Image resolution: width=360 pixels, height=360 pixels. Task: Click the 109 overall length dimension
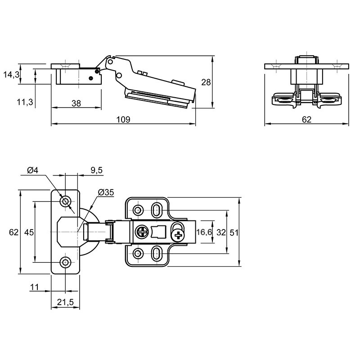pos(123,119)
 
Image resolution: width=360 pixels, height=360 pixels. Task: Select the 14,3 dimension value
pos(11,74)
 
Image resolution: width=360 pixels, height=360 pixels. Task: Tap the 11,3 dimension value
pos(25,102)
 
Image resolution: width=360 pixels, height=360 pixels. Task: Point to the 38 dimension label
pos(76,103)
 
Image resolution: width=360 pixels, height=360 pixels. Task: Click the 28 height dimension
pos(206,82)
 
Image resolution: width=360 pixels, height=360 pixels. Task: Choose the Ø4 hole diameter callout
pos(32,170)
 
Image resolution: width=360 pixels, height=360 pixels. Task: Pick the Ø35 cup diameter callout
pos(106,192)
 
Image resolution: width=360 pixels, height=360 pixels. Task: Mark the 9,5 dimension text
pos(97,170)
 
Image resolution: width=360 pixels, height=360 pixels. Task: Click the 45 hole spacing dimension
pos(29,232)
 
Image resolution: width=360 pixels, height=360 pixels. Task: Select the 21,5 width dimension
pos(65,302)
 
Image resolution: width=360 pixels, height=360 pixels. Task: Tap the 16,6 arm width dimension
pos(204,232)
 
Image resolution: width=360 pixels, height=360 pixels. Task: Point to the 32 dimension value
pos(221,232)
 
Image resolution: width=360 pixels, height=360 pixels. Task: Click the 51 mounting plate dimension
pos(234,233)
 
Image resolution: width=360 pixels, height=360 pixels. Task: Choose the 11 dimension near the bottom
pos(35,287)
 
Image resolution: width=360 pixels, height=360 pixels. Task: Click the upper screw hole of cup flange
pos(65,202)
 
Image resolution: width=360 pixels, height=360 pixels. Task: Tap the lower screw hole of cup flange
pos(65,262)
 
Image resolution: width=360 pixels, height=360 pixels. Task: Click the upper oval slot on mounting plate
pos(157,210)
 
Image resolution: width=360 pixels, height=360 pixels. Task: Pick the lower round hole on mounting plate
pos(138,254)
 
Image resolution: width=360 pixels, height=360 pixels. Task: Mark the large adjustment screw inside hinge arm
pos(142,232)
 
